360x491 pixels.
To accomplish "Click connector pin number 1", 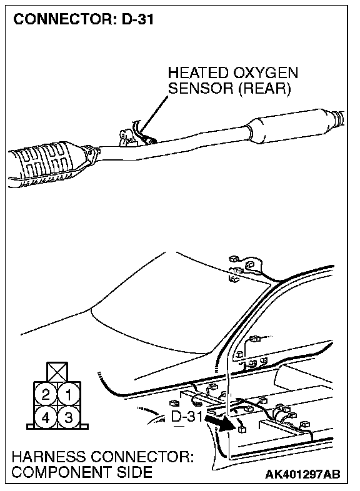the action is (69, 394).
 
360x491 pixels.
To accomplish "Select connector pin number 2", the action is (46, 394).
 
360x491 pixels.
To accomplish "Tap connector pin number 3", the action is (69, 417).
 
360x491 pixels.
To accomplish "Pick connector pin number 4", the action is (46, 417).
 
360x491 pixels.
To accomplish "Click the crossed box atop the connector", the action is (57, 372).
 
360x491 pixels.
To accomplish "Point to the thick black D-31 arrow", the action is (221, 423).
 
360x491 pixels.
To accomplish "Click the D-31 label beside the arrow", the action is (187, 416).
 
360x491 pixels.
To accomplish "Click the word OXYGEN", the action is (265, 73).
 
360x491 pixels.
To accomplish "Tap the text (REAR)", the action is (264, 88).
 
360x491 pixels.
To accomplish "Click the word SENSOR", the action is (201, 88).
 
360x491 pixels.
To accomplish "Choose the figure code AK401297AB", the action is (302, 474).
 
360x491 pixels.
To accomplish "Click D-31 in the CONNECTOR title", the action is (137, 19).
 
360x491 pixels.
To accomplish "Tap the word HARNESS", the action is (49, 457).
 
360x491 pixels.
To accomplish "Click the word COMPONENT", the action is (62, 472).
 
